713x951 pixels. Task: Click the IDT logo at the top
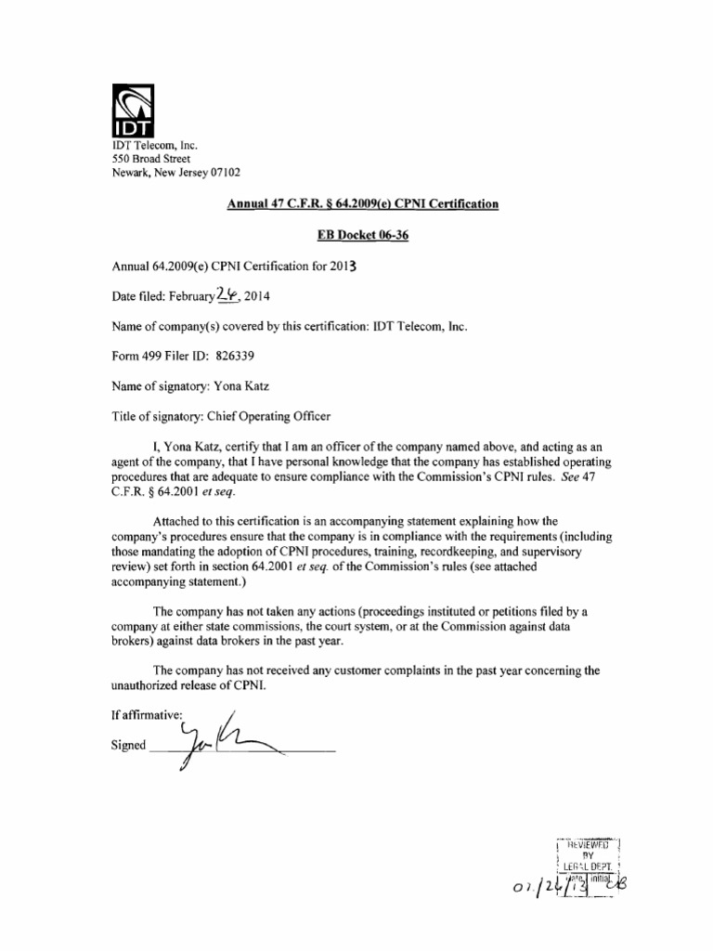[132, 109]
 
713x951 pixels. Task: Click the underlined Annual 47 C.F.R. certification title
[363, 203]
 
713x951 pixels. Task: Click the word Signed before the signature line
[128, 746]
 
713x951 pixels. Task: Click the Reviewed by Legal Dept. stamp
[586, 858]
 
